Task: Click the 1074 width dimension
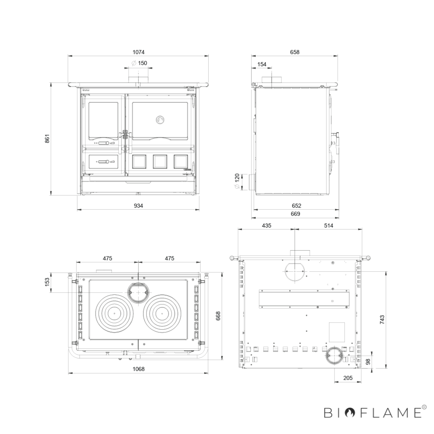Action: click(x=138, y=52)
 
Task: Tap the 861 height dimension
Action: click(x=47, y=139)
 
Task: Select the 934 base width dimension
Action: click(x=138, y=206)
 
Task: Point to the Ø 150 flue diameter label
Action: click(x=139, y=63)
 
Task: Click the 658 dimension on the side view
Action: click(x=295, y=52)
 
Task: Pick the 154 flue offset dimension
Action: click(x=262, y=64)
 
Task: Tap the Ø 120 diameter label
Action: click(x=237, y=181)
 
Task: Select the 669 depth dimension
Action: click(x=295, y=214)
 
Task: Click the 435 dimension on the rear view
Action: click(x=267, y=225)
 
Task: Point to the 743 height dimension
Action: click(x=382, y=320)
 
